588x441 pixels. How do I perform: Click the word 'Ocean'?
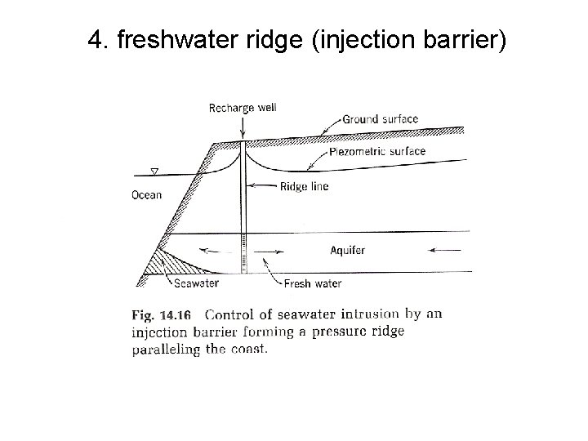point(147,195)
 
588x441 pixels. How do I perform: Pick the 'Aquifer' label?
point(348,250)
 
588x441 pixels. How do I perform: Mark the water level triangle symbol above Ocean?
point(155,172)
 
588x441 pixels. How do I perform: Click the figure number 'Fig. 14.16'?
point(162,314)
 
